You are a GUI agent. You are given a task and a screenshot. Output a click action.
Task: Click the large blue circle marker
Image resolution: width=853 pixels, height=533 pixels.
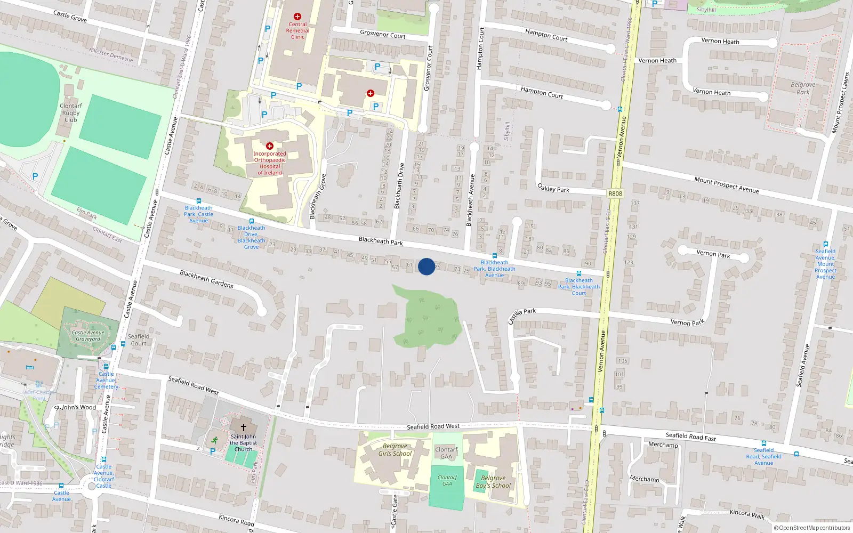426,266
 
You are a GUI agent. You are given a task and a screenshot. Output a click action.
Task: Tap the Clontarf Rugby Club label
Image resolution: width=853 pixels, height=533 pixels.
70,113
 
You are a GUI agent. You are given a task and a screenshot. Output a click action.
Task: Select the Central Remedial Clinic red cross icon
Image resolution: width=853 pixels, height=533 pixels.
297,17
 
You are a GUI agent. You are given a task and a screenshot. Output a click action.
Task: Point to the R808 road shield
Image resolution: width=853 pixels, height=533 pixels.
615,193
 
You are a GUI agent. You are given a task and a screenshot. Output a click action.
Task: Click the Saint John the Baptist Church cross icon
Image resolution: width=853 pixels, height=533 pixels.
244,427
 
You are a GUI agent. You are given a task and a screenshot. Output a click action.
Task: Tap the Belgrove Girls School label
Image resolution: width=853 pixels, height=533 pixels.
395,450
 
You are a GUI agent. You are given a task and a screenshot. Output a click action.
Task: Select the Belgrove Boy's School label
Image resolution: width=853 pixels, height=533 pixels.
493,482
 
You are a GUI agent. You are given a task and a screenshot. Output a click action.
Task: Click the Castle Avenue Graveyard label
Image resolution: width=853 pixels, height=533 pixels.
88,335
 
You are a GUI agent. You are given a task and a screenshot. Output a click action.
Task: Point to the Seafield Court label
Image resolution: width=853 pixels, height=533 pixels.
139,340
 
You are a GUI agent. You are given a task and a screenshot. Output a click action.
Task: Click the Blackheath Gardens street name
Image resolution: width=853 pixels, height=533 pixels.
206,279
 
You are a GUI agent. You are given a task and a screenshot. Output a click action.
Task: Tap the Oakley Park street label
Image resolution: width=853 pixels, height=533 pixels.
553,188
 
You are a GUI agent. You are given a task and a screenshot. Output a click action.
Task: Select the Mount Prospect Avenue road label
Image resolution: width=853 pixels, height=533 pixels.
726,185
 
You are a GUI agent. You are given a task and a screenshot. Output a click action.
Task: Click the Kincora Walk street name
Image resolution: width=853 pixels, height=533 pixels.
747,514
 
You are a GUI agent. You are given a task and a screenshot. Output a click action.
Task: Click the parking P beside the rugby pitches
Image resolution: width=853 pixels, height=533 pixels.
35,176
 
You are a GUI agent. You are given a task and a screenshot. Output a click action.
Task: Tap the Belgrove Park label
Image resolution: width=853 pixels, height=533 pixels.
803,88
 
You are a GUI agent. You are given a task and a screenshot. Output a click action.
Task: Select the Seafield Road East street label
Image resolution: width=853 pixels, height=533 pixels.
690,437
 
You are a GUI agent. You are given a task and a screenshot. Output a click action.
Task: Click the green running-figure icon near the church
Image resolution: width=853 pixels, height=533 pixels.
214,440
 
